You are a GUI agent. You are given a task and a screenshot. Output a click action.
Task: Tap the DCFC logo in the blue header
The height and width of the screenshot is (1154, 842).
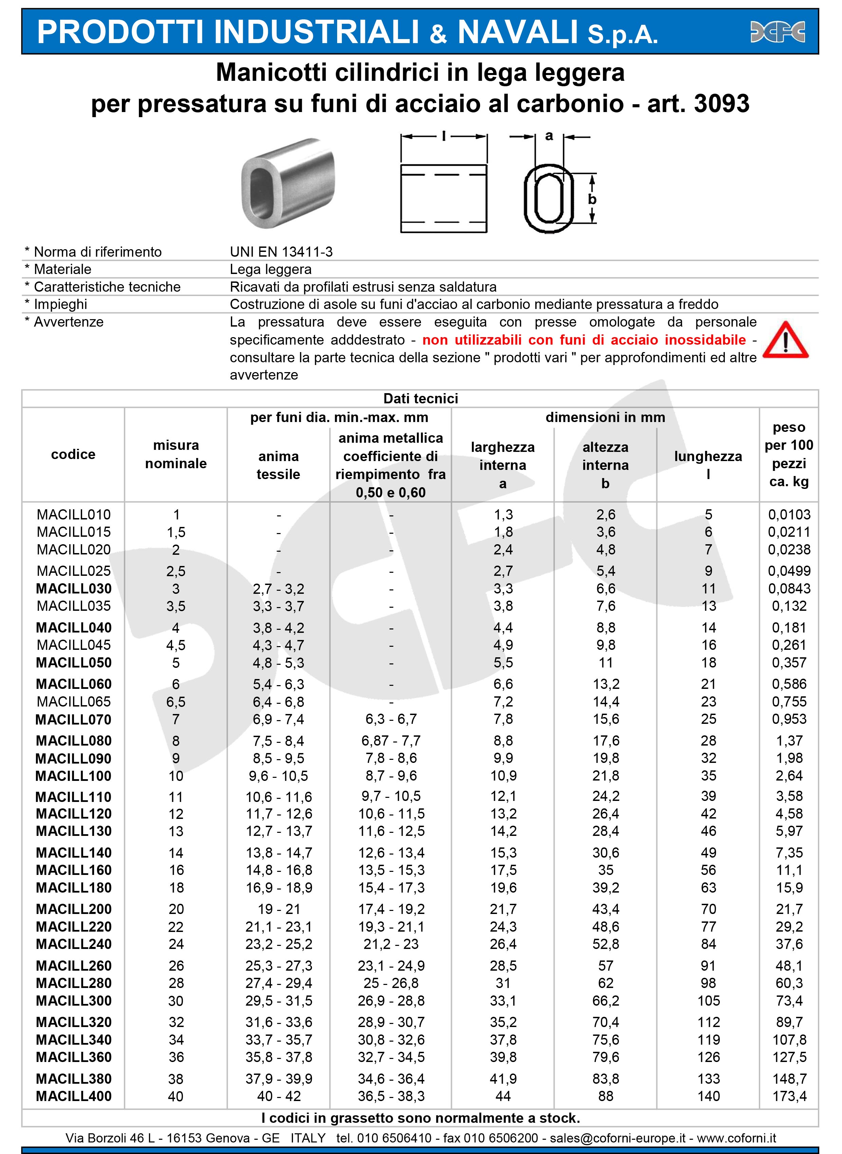777,32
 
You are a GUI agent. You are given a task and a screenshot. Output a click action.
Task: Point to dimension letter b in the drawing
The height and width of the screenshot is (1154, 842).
592,199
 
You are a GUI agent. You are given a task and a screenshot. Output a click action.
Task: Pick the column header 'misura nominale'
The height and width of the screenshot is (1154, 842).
176,454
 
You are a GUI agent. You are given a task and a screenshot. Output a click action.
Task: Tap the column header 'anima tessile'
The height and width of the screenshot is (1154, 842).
278,465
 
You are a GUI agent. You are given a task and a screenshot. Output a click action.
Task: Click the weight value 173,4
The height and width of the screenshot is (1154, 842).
789,1096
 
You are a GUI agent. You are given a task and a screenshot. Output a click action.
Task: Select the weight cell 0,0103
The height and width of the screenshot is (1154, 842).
789,515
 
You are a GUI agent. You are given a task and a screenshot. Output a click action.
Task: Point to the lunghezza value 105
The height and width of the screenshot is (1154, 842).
709,1001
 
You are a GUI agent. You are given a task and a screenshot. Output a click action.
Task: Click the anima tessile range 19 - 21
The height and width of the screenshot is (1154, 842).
278,909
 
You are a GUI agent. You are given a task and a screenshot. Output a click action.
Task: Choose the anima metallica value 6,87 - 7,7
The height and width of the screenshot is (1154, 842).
391,740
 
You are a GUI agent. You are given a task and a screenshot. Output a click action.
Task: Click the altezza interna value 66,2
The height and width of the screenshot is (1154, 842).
605,1001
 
